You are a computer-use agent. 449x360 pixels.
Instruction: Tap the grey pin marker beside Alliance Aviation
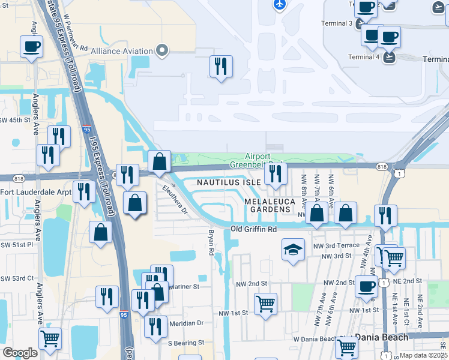pyautogui.click(x=161, y=50)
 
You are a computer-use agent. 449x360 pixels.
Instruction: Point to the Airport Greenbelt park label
pyautogui.click(x=263, y=160)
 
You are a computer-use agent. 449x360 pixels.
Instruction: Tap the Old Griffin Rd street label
pyautogui.click(x=254, y=229)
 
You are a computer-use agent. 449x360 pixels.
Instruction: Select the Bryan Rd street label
pyautogui.click(x=211, y=242)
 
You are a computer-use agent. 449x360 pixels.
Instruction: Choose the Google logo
pyautogui.click(x=20, y=352)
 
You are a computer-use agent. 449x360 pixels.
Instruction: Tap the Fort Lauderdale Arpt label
pyautogui.click(x=35, y=192)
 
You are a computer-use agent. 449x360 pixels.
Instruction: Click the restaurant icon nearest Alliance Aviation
pyautogui.click(x=221, y=66)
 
